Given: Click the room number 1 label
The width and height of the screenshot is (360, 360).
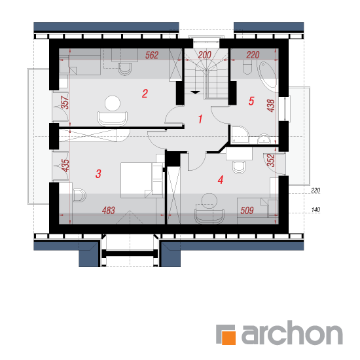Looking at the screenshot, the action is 200,119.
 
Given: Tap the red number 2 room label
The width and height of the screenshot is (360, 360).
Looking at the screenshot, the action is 145,94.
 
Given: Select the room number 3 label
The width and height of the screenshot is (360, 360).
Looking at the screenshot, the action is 98,174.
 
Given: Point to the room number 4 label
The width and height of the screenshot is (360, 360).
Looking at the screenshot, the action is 221,180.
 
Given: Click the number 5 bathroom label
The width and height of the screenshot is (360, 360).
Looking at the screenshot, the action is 251,101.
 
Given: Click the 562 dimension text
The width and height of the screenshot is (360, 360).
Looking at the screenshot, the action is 152,55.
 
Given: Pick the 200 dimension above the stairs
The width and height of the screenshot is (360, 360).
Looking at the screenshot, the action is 205,55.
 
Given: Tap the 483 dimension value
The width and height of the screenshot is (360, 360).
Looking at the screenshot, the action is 109,210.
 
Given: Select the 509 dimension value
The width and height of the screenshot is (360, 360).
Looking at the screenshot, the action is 247,210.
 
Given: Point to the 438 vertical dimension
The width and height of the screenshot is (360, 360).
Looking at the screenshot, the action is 271,105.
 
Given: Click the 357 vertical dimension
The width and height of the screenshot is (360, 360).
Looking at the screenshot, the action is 65,102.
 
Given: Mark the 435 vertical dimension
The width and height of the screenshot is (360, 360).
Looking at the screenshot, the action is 65,166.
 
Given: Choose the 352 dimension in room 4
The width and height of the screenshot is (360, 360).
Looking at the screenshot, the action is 271,160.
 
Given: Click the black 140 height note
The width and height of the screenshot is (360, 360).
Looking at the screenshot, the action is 315,209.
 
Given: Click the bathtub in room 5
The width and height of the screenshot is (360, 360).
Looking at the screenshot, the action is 268,74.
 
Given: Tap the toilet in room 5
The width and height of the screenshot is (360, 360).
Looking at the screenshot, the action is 247,67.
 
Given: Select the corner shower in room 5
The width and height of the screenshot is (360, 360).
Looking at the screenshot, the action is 240,135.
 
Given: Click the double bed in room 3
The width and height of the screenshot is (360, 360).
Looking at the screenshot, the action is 141,180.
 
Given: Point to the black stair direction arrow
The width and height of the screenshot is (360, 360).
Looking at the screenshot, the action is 195,92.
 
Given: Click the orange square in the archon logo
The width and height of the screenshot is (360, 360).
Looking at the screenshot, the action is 228,338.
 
